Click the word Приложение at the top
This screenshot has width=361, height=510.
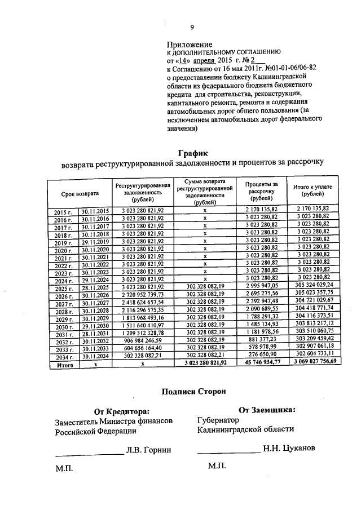(x=190, y=45)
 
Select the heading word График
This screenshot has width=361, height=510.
(x=193, y=153)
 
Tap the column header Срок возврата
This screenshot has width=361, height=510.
(x=80, y=193)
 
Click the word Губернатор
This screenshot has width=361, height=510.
(x=218, y=420)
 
